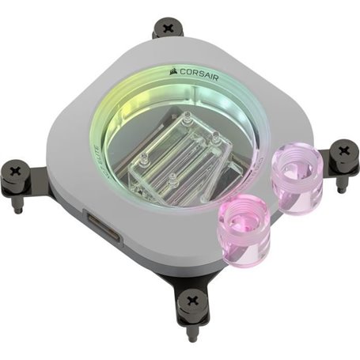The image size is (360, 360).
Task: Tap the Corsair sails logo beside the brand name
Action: tap(172, 70)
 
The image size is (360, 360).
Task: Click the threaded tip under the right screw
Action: tap(341, 187)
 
